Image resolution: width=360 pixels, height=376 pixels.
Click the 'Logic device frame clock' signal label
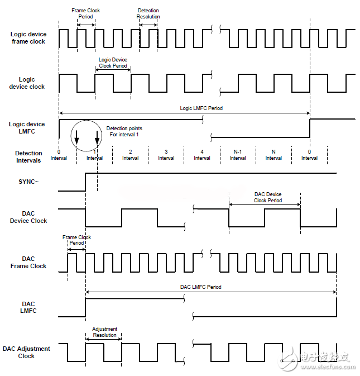click(28, 38)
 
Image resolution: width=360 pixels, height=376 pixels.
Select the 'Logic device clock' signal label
click(27, 83)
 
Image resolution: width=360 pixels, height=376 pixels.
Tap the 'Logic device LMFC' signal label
click(27, 127)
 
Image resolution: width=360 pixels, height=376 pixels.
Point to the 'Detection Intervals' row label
click(28, 157)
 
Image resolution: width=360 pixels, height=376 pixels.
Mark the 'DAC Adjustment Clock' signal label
click(26, 352)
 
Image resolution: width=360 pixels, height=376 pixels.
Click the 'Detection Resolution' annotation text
click(148, 14)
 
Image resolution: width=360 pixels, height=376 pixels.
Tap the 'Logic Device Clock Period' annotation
click(113, 63)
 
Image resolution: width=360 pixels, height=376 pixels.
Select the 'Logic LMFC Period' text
click(201, 108)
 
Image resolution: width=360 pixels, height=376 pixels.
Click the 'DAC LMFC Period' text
click(200, 287)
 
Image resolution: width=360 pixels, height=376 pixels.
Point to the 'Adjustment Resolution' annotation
click(104, 332)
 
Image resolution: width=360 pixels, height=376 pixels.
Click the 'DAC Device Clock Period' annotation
click(268, 197)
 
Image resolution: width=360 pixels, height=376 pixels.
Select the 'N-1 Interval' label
click(238, 155)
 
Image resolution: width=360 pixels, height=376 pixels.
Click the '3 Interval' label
click(166, 155)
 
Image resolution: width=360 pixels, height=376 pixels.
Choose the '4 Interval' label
click(202, 155)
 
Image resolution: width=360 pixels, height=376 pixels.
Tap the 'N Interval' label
click(273, 155)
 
